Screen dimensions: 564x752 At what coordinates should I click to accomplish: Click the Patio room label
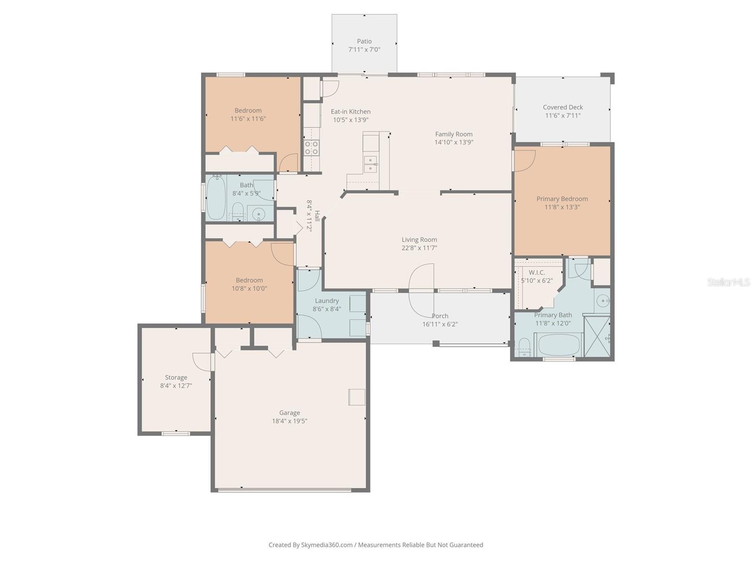point(364,41)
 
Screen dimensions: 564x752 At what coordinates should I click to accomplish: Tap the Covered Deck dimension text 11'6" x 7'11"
point(563,116)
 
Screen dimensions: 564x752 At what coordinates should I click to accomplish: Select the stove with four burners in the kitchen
point(311,148)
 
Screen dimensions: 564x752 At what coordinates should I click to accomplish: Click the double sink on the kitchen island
point(371,164)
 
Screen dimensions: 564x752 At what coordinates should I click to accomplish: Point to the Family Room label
point(454,134)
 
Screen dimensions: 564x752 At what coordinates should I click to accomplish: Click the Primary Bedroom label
point(562,199)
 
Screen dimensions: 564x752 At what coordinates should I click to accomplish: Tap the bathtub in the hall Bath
point(216,197)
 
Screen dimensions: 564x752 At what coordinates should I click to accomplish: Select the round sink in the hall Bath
point(258,215)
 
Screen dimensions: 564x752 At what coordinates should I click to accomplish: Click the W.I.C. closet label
point(537,273)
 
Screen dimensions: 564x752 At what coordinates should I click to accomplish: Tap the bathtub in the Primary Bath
point(559,345)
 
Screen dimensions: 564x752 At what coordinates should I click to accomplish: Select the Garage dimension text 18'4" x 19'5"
point(290,421)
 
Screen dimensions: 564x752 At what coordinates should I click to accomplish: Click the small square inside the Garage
point(357,397)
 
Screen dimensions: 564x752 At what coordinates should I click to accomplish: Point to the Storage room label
point(176,377)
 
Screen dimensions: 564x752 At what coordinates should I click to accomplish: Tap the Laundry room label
point(327,301)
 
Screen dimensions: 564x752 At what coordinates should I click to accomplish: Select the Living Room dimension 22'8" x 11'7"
point(419,248)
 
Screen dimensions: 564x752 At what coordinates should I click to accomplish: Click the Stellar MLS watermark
point(728,282)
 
